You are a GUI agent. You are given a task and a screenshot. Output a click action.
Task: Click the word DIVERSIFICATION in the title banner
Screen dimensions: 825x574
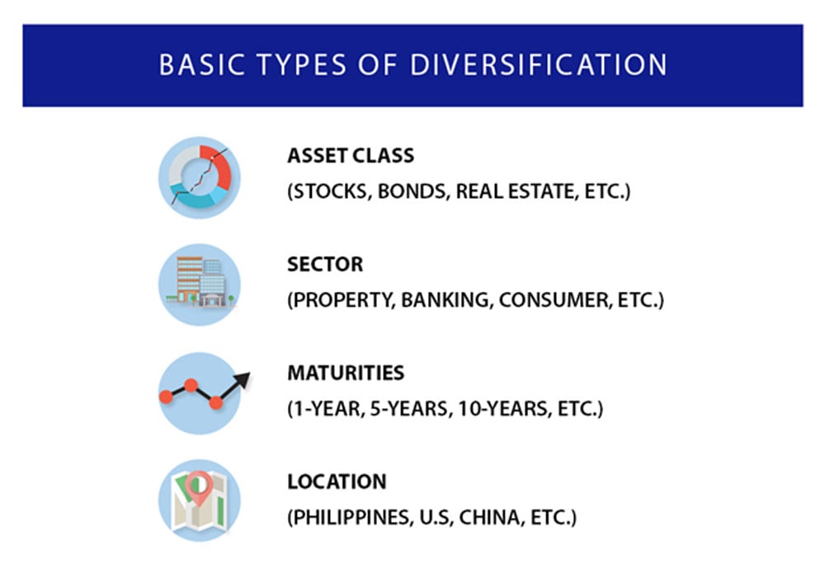click(538, 64)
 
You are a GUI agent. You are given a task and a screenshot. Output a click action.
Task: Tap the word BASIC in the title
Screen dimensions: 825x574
click(202, 64)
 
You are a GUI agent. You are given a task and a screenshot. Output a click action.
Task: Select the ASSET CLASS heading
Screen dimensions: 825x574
click(351, 156)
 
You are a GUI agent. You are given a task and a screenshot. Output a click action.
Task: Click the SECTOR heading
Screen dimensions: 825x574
click(325, 264)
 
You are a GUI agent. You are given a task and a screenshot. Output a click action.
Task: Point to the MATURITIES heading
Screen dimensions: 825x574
click(346, 373)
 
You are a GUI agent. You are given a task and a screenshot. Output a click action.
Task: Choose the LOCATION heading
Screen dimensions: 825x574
click(337, 482)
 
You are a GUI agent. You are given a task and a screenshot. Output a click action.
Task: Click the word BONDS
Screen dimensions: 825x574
click(414, 191)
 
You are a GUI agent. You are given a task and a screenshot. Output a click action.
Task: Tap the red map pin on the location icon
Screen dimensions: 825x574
click(200, 487)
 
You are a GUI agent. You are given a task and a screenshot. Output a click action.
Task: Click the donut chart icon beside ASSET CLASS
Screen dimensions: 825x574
click(200, 178)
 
